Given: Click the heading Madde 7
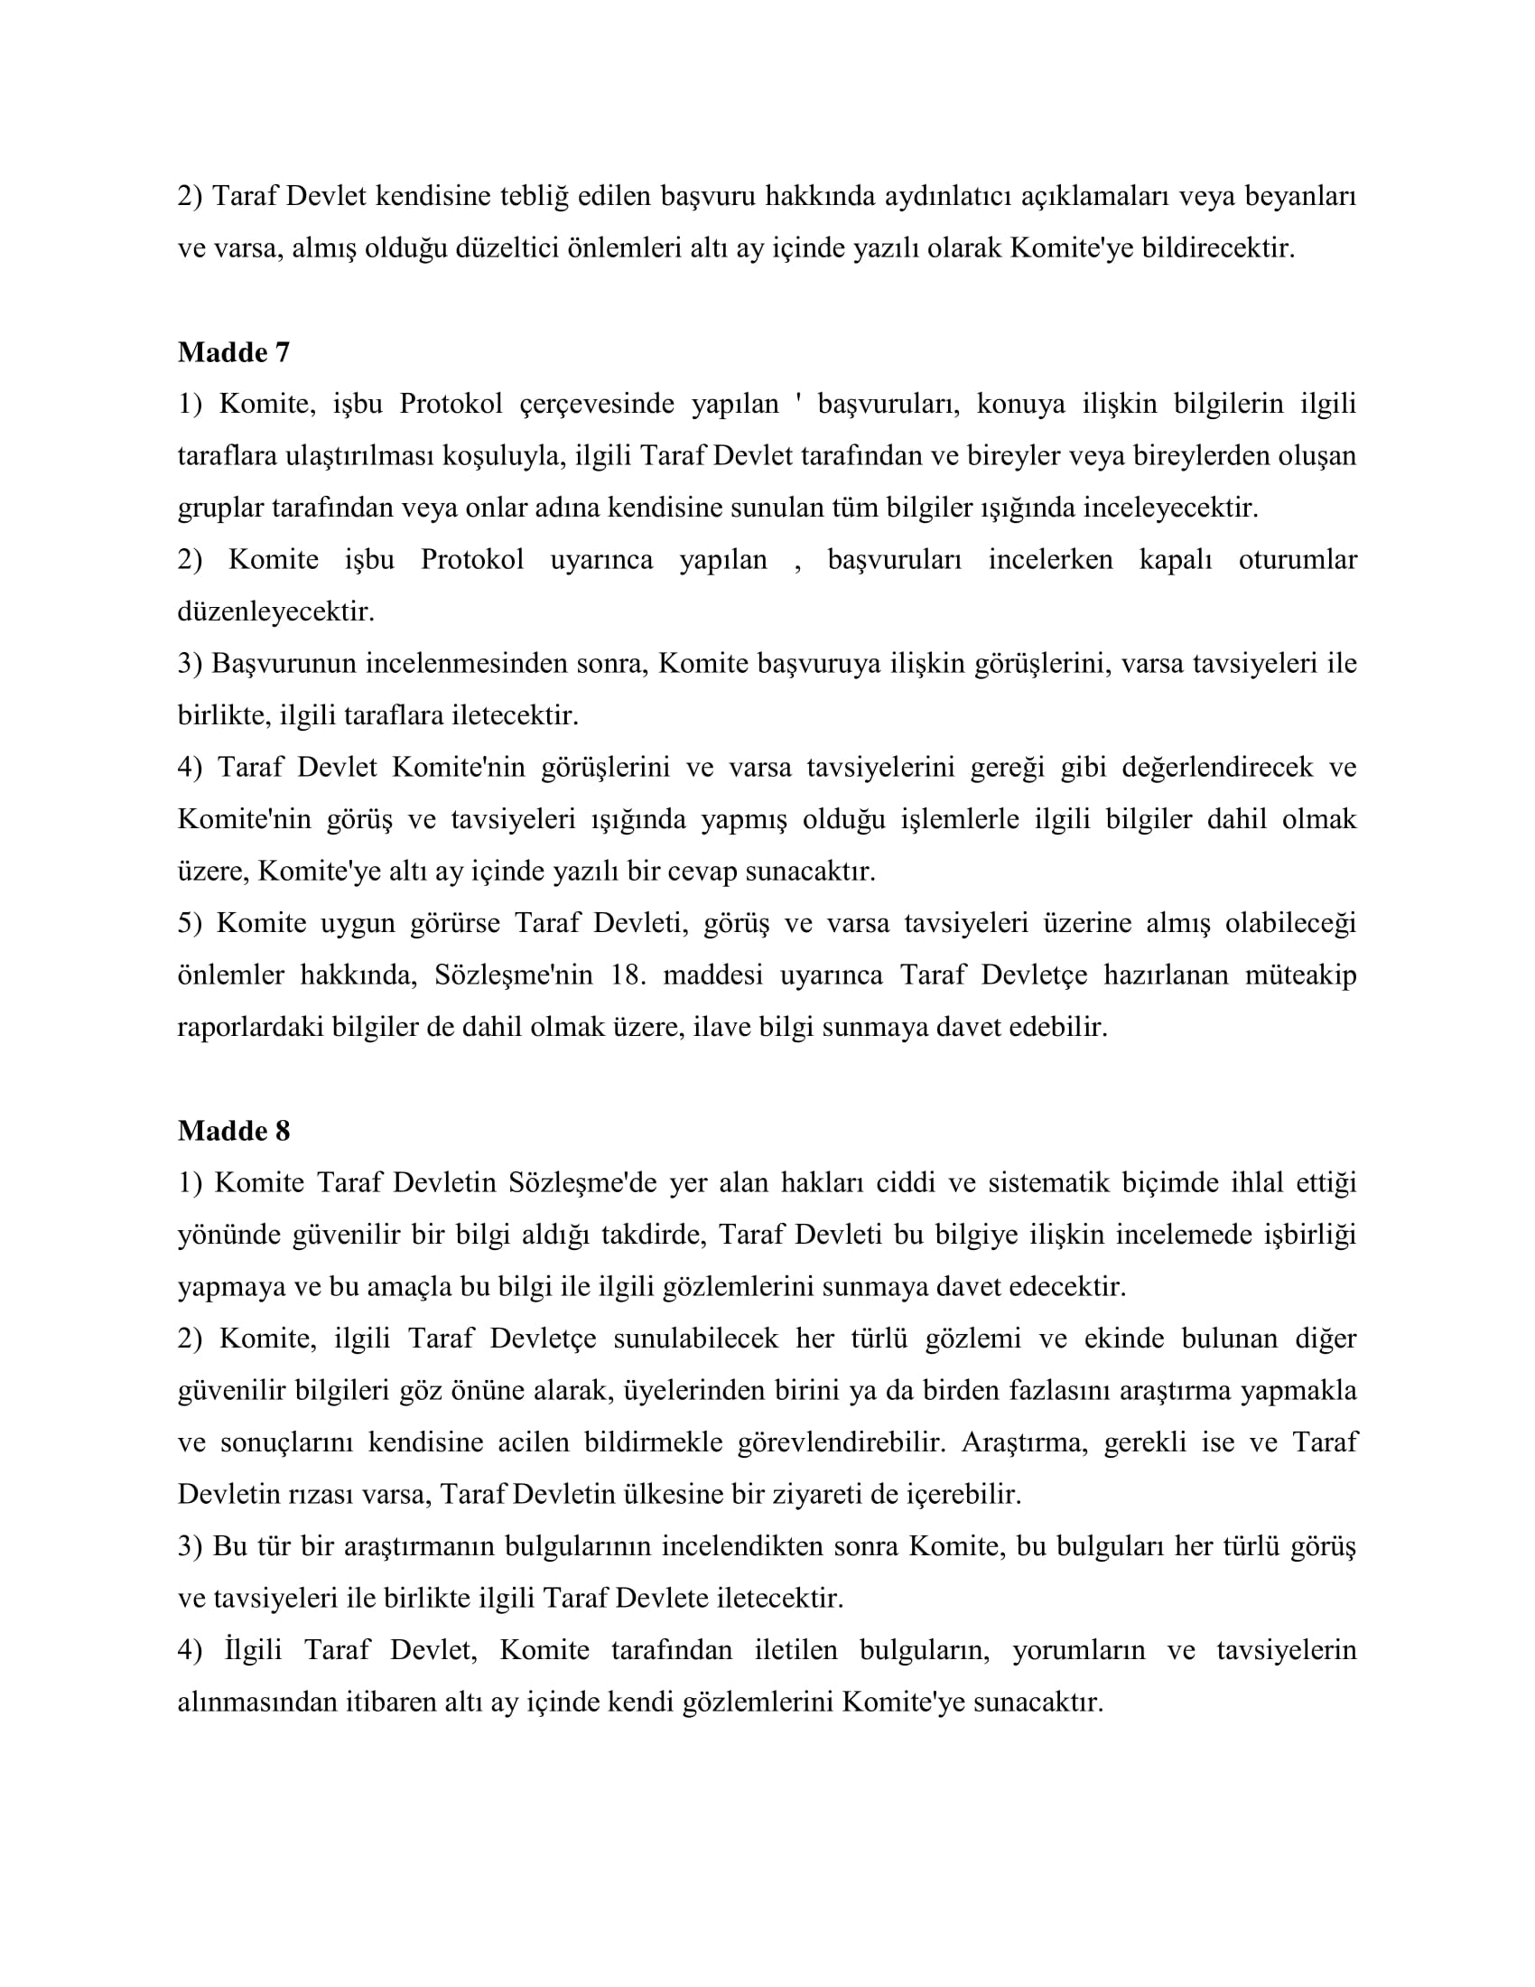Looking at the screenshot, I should [x=234, y=352].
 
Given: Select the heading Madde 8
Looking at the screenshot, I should [x=234, y=1131].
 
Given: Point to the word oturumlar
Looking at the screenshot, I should [x=1298, y=560].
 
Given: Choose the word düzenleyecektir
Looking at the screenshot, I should [x=276, y=611].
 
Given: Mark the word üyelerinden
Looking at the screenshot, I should [x=693, y=1391].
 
